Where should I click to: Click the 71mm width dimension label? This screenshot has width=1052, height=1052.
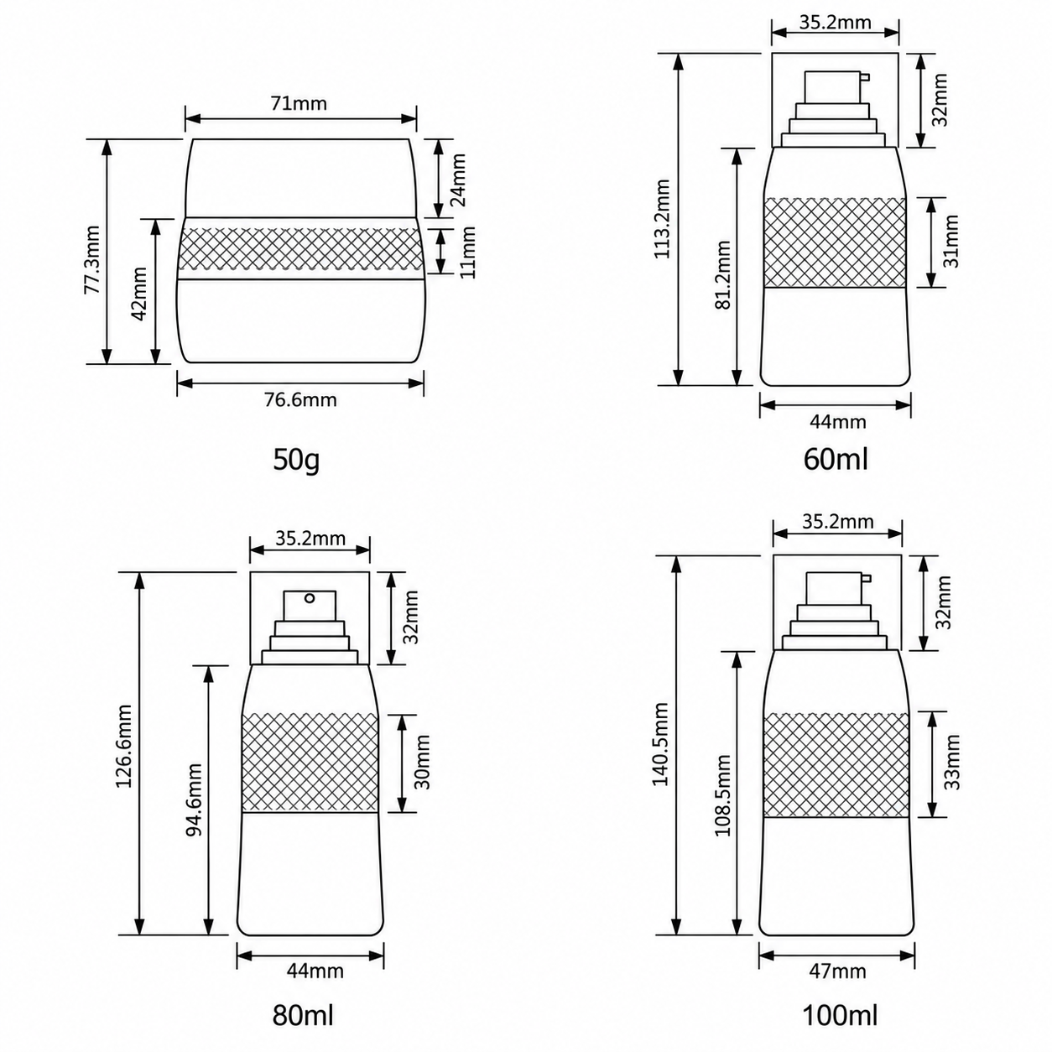click(x=299, y=103)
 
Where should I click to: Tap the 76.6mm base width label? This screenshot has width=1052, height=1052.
click(x=300, y=400)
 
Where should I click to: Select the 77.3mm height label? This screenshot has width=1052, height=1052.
click(x=92, y=260)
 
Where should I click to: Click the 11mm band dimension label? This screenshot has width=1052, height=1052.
click(x=468, y=253)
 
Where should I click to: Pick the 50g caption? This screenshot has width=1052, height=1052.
click(x=296, y=460)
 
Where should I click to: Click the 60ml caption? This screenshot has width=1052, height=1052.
click(x=836, y=459)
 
